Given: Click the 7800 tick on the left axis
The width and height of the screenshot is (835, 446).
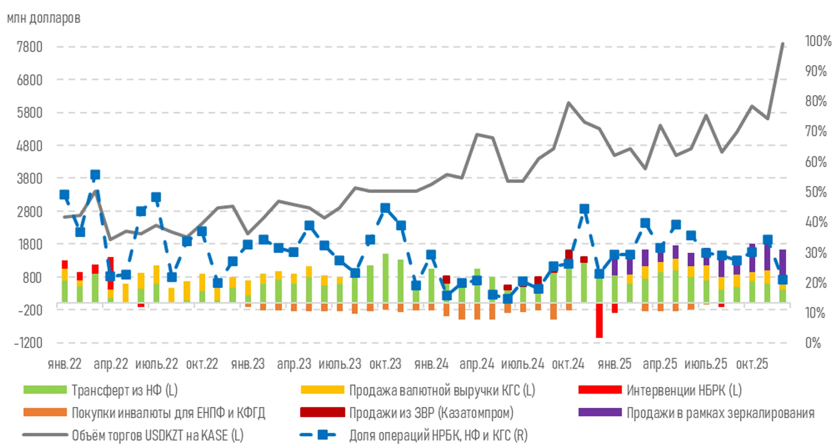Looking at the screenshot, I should click(29, 47).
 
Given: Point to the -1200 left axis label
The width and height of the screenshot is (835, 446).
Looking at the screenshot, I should click(28, 343).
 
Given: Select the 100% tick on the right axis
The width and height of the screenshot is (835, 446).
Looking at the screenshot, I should click(818, 41).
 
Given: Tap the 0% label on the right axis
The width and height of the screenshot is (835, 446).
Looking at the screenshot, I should click(813, 343).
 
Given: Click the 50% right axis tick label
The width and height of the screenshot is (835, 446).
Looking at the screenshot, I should click(816, 192).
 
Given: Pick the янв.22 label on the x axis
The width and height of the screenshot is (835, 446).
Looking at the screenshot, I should click(65, 364).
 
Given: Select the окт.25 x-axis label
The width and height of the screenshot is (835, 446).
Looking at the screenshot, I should click(752, 364).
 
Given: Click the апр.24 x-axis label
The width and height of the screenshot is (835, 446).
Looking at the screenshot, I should click(477, 364).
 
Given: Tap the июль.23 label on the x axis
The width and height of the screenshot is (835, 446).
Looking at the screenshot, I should click(340, 364).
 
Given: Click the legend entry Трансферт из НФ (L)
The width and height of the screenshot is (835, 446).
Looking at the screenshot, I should click(124, 390).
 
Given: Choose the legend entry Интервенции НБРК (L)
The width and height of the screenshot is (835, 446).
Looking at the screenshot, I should click(684, 390).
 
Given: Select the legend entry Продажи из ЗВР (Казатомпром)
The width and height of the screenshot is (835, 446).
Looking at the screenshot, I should click(431, 413).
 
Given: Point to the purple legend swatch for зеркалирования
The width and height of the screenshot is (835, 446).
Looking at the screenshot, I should click(600, 412).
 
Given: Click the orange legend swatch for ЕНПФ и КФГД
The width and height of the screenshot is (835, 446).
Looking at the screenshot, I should click(45, 412).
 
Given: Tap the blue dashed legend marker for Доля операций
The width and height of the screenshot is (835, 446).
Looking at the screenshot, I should click(318, 435).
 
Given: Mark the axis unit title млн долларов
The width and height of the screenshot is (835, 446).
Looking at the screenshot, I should click(44, 18).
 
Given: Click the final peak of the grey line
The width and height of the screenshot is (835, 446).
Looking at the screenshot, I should click(783, 44).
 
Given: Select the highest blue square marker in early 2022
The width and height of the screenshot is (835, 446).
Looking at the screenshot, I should click(95, 175).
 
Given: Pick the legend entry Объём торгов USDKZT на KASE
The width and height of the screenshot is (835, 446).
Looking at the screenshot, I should click(157, 435).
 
